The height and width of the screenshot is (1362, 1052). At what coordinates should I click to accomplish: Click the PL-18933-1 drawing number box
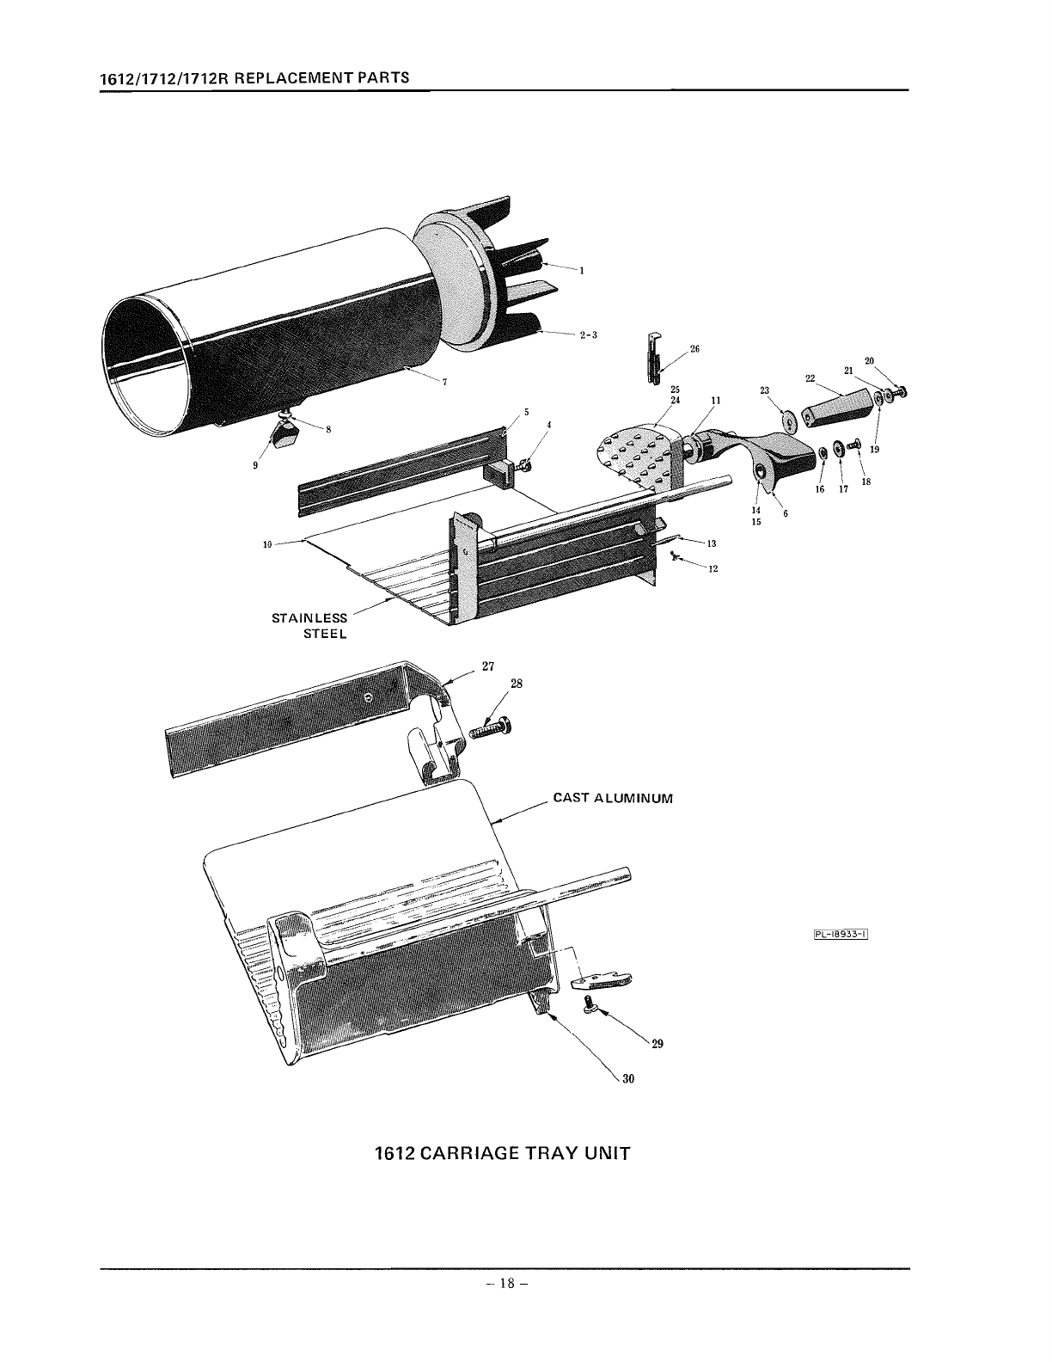tap(838, 937)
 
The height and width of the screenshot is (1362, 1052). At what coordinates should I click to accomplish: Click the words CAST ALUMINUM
tap(612, 798)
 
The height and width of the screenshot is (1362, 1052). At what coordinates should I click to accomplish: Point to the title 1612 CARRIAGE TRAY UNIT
tap(503, 1153)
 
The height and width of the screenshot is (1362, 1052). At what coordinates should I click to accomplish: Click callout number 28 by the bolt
tap(517, 684)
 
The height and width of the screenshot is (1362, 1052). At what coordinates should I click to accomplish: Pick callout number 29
tap(657, 1045)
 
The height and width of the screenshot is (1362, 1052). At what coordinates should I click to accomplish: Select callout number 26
tap(695, 349)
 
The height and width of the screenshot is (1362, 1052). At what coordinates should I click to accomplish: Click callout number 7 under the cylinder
tap(443, 383)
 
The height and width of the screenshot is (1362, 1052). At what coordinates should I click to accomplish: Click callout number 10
tap(266, 543)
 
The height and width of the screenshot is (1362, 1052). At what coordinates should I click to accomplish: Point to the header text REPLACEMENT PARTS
tap(320, 77)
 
